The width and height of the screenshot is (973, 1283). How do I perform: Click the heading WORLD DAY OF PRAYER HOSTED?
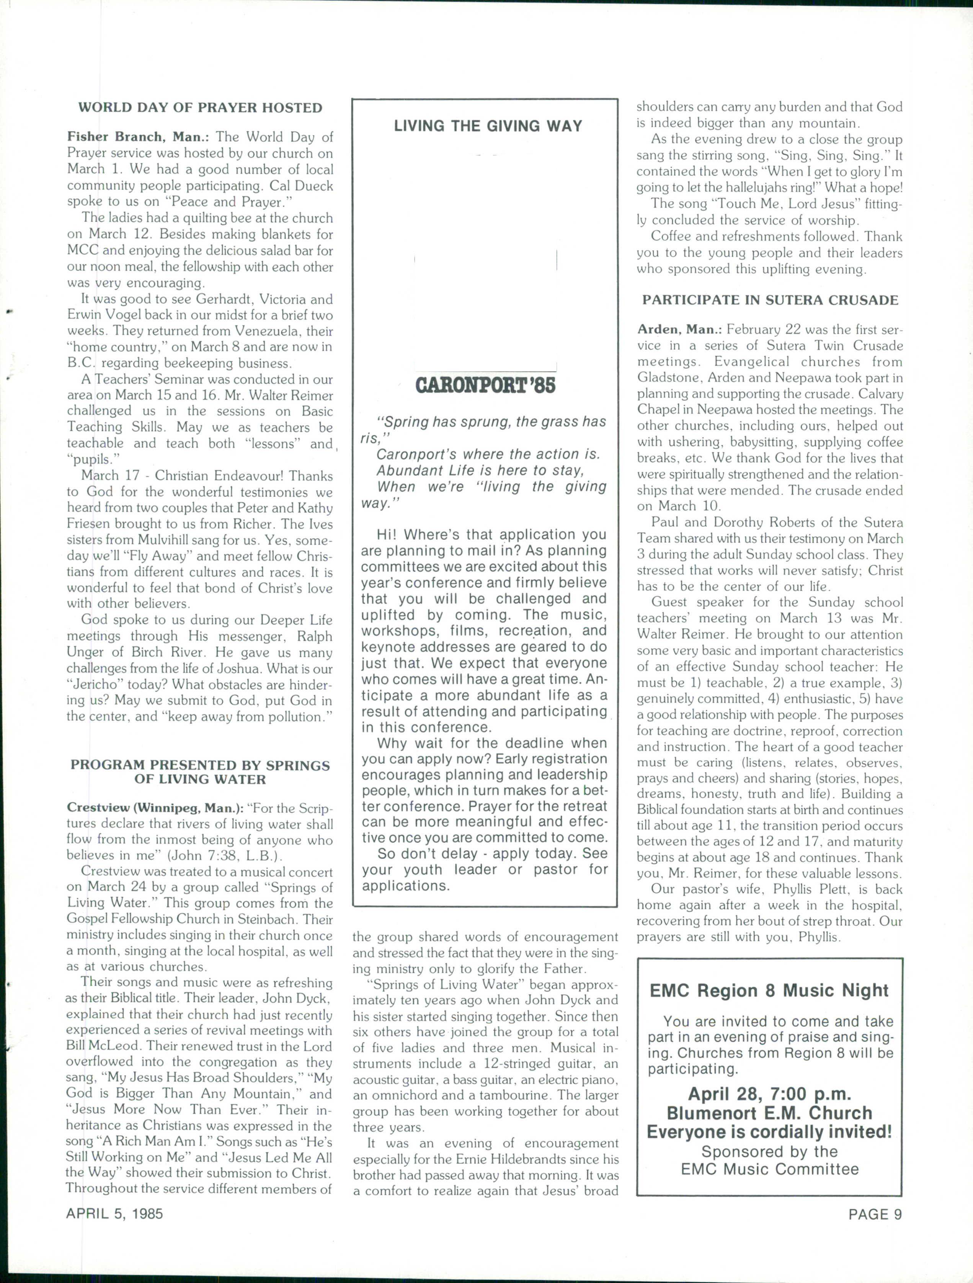click(x=200, y=108)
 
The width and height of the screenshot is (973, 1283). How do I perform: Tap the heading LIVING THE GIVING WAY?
click(x=488, y=126)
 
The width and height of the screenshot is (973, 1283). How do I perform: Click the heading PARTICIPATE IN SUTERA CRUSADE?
click(x=770, y=301)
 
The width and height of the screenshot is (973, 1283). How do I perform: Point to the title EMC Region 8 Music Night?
click(x=769, y=990)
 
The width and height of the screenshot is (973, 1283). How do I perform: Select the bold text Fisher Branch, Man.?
click(x=138, y=137)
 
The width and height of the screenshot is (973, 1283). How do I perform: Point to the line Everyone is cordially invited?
click(x=769, y=1132)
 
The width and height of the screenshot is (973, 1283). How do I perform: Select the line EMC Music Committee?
click(x=769, y=1169)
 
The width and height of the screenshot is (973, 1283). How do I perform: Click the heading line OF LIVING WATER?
click(x=200, y=779)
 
